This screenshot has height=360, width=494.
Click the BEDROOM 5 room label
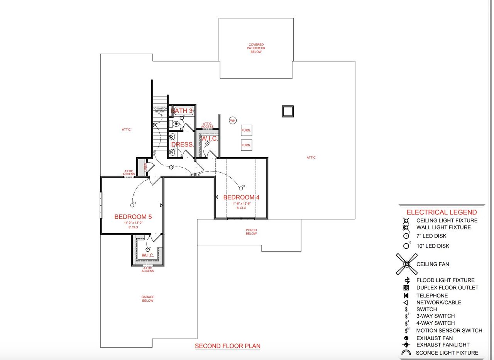click(x=133, y=217)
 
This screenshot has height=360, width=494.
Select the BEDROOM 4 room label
click(x=241, y=197)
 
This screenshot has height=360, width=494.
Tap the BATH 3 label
click(x=182, y=111)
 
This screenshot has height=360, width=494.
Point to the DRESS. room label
click(x=182, y=144)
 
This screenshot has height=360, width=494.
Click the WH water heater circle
click(x=232, y=121)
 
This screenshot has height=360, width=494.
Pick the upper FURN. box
click(x=246, y=131)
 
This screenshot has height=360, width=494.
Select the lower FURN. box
click(x=246, y=145)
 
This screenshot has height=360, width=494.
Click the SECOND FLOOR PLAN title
click(x=227, y=346)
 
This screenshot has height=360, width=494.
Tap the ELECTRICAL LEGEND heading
click(x=442, y=212)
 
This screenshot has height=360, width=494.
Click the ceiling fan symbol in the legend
click(x=406, y=264)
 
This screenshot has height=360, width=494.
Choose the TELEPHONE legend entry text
click(x=432, y=295)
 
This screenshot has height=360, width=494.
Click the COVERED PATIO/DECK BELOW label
click(x=256, y=48)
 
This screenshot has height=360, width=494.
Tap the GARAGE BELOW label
click(x=147, y=299)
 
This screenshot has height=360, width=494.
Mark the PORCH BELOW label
click(x=251, y=232)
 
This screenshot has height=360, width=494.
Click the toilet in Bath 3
click(x=176, y=124)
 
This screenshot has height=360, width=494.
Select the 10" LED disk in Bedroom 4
click(x=241, y=188)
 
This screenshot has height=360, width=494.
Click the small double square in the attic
click(x=288, y=111)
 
